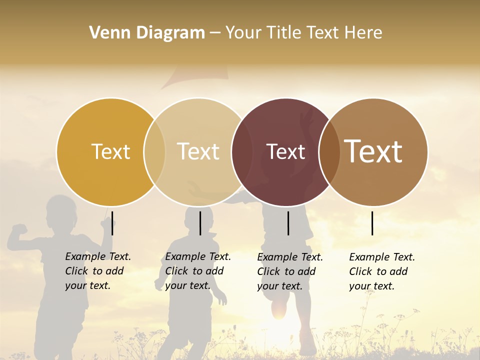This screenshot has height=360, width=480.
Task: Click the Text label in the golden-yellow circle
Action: click(x=111, y=151)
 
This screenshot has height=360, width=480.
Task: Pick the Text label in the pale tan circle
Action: click(x=198, y=151)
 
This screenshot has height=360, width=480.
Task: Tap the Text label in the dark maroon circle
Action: click(x=286, y=151)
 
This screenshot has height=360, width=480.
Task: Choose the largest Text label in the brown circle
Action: click(x=373, y=151)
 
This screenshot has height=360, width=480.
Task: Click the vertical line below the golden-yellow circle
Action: click(x=112, y=223)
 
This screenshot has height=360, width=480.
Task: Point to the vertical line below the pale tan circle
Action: click(x=200, y=223)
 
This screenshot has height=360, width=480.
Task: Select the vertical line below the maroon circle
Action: click(x=288, y=223)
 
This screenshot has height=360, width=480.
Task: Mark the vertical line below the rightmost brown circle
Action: click(x=372, y=223)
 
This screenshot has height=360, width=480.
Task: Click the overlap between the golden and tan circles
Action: click(x=154, y=151)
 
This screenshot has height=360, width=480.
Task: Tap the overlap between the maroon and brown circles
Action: click(x=329, y=151)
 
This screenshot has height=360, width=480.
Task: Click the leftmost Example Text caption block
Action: click(x=98, y=271)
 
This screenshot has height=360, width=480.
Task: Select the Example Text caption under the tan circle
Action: click(x=198, y=271)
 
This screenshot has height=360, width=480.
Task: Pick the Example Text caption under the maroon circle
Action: click(x=290, y=271)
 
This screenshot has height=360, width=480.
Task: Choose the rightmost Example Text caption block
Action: click(x=382, y=271)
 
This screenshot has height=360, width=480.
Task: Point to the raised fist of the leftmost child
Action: click(x=20, y=230)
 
